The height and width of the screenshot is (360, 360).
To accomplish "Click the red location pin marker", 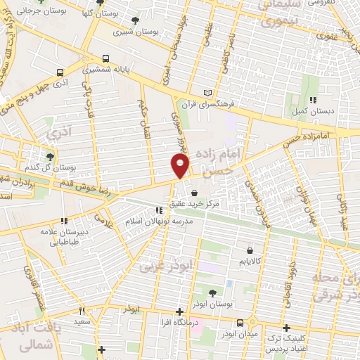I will [181, 165].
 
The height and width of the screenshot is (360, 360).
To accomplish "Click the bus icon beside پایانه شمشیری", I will [105, 59].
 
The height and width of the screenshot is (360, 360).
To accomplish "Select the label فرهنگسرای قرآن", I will [207, 104].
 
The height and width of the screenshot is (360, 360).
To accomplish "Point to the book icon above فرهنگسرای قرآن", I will [207, 93].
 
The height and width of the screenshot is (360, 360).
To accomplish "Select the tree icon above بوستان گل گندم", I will [49, 157].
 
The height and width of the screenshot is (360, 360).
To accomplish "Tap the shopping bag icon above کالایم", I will [250, 250].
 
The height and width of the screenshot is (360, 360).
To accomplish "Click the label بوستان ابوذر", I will [213, 304].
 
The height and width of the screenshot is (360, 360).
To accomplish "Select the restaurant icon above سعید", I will [82, 311].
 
